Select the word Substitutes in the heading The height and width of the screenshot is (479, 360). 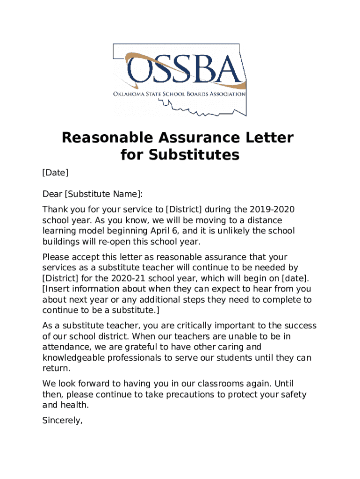[x=194, y=155]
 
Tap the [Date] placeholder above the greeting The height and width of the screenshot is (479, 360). [x=55, y=173]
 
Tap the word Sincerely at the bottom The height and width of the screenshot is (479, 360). [x=62, y=421]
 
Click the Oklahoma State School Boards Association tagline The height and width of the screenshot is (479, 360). [x=180, y=94]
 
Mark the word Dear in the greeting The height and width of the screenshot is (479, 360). [x=52, y=194]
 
